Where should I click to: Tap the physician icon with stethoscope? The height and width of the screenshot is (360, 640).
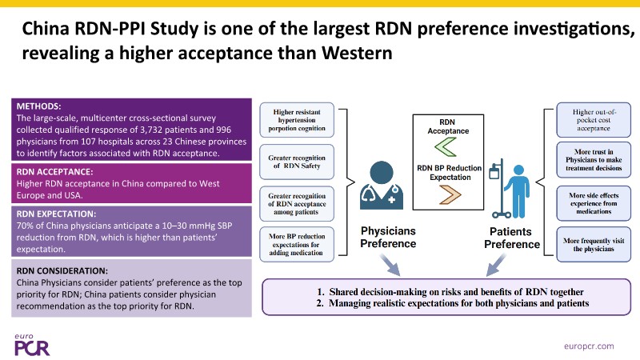[x=382, y=185]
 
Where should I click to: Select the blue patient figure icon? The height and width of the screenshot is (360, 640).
[x=518, y=191]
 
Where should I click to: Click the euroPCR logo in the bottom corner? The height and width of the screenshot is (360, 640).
[x=32, y=345]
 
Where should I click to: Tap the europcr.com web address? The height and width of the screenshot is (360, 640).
[x=589, y=346]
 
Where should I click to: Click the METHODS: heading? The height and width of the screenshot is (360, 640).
[x=38, y=106]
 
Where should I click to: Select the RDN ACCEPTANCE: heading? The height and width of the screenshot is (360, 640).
[x=54, y=172]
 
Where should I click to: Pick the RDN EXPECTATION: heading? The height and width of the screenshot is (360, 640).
[x=56, y=214]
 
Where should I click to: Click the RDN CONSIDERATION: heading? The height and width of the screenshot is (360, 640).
[x=62, y=270]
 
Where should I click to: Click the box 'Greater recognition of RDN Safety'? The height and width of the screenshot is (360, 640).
[x=297, y=162]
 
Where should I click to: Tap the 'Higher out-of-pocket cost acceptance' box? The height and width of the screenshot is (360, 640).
[x=594, y=120]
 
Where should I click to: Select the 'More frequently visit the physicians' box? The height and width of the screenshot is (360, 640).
[x=594, y=245]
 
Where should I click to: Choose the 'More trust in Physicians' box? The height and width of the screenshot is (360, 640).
[x=594, y=160]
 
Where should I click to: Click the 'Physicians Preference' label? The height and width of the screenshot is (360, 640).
[x=388, y=237]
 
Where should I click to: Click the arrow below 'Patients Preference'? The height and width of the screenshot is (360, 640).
[x=496, y=265]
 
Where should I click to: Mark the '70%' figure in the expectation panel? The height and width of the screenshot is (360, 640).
[x=26, y=226]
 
